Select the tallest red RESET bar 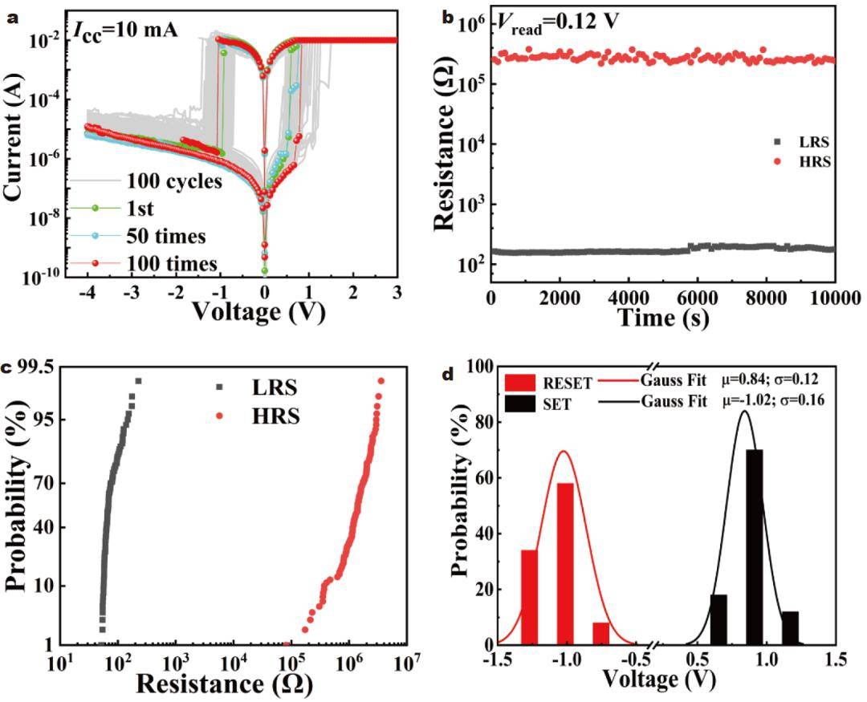tap(565, 563)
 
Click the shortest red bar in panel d tap(601, 633)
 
